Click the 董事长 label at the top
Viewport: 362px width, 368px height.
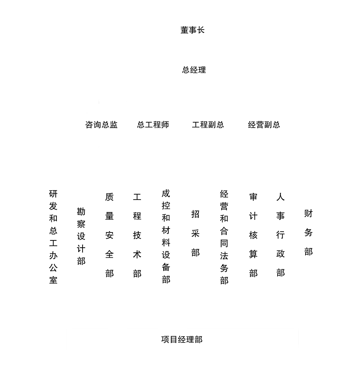(x=193, y=30)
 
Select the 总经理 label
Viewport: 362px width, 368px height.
(x=194, y=70)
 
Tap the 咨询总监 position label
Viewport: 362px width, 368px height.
(x=101, y=125)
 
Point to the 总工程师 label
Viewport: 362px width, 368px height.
(x=153, y=125)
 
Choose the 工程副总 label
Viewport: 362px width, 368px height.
(x=208, y=125)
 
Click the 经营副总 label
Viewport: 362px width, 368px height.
(x=264, y=125)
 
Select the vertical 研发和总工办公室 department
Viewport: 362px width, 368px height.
(x=53, y=237)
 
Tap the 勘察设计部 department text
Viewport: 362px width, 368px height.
(x=81, y=236)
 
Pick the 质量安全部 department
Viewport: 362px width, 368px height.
(x=109, y=235)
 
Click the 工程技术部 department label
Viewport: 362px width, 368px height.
(x=137, y=235)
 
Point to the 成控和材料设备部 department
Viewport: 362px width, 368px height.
(x=166, y=236)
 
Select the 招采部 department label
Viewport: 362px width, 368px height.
(x=195, y=233)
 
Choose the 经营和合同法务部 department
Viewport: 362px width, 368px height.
(x=224, y=237)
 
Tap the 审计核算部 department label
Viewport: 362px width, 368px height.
(x=253, y=235)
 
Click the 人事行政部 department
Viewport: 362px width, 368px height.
(x=281, y=235)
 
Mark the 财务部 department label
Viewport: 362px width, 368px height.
(x=308, y=232)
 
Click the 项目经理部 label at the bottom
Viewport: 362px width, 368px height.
(x=182, y=339)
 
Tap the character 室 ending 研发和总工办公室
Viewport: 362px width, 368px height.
(x=53, y=280)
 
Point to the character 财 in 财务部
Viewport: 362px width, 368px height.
(x=308, y=213)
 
